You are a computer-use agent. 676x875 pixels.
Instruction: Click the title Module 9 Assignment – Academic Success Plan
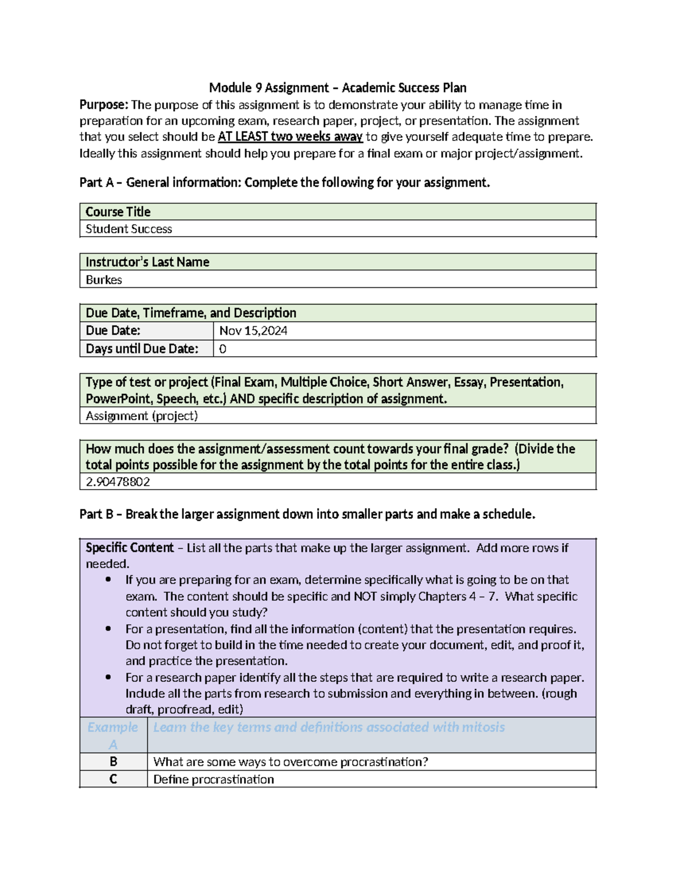[337, 88]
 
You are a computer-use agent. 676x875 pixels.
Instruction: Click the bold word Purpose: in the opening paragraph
[104, 105]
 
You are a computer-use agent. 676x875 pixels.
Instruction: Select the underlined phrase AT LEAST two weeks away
[290, 137]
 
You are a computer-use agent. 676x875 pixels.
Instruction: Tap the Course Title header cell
[118, 212]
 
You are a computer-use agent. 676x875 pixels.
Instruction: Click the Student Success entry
[128, 229]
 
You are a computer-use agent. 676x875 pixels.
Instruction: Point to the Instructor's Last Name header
[147, 262]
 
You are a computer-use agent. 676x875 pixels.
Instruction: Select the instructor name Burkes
[104, 279]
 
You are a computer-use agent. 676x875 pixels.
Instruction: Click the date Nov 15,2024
[253, 331]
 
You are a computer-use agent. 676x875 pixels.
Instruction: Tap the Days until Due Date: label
[141, 349]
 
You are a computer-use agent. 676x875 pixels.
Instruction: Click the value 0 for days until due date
[223, 349]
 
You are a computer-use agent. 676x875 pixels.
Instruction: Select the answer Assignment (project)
[141, 416]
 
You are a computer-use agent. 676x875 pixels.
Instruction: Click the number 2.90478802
[118, 482]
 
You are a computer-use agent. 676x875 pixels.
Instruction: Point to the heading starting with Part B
[307, 514]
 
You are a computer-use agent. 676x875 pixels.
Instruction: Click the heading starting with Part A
[284, 183]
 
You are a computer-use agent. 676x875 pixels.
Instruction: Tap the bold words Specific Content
[130, 548]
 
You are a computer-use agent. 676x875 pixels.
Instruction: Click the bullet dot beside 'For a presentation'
[108, 629]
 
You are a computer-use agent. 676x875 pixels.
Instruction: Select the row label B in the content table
[113, 762]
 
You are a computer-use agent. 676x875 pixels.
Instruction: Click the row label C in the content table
[113, 779]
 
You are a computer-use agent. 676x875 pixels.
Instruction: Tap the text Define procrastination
[214, 779]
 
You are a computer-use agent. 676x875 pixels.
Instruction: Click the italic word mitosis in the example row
[483, 727]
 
